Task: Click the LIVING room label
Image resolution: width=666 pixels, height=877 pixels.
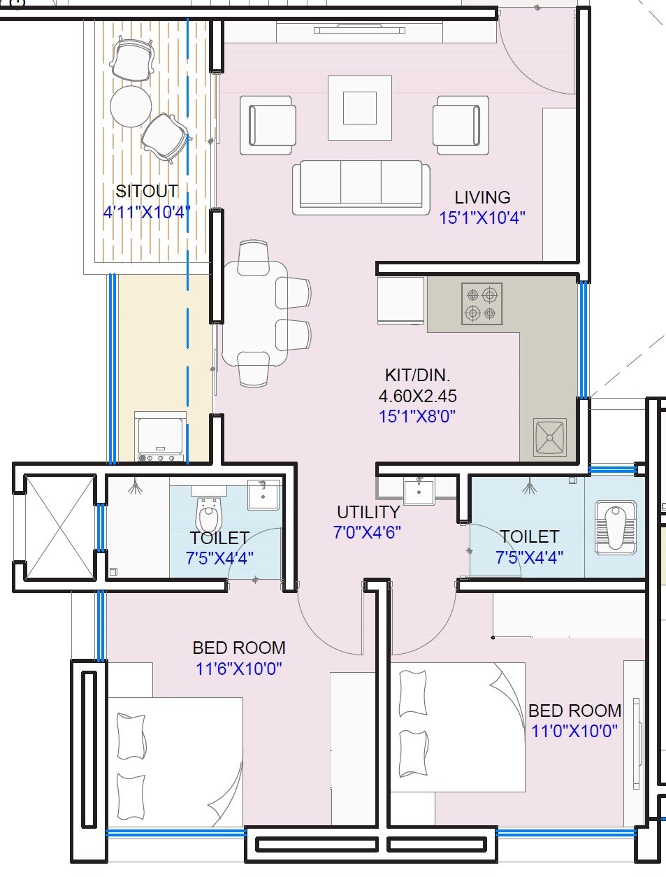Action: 482,197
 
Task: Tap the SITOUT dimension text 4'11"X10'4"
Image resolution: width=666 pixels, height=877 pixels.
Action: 147,212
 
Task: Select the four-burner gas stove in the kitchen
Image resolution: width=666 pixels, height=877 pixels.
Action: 482,304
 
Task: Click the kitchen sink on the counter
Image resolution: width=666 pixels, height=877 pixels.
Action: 550,438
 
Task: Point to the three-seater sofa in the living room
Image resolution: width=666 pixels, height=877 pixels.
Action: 361,185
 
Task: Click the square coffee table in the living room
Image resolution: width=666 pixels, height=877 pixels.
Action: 360,108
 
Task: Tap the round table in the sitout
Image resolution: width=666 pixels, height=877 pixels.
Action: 131,106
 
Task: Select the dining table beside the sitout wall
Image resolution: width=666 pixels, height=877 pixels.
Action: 255,313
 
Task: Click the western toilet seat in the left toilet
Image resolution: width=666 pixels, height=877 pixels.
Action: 208,516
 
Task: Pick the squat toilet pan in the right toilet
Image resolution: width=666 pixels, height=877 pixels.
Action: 615,527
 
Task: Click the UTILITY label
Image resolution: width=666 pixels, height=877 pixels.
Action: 368,512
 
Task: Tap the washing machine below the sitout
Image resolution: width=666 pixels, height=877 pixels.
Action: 160,436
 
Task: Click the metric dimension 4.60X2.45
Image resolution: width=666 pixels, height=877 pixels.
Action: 417,396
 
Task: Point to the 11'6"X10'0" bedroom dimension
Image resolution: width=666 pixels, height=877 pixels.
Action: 238,669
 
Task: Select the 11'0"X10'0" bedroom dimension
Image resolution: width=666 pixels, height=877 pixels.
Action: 574,732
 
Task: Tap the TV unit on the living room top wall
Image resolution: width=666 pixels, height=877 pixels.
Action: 360,31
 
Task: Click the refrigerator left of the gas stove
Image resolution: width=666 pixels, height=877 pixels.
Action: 400,301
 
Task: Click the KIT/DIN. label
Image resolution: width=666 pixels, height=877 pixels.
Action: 417,375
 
